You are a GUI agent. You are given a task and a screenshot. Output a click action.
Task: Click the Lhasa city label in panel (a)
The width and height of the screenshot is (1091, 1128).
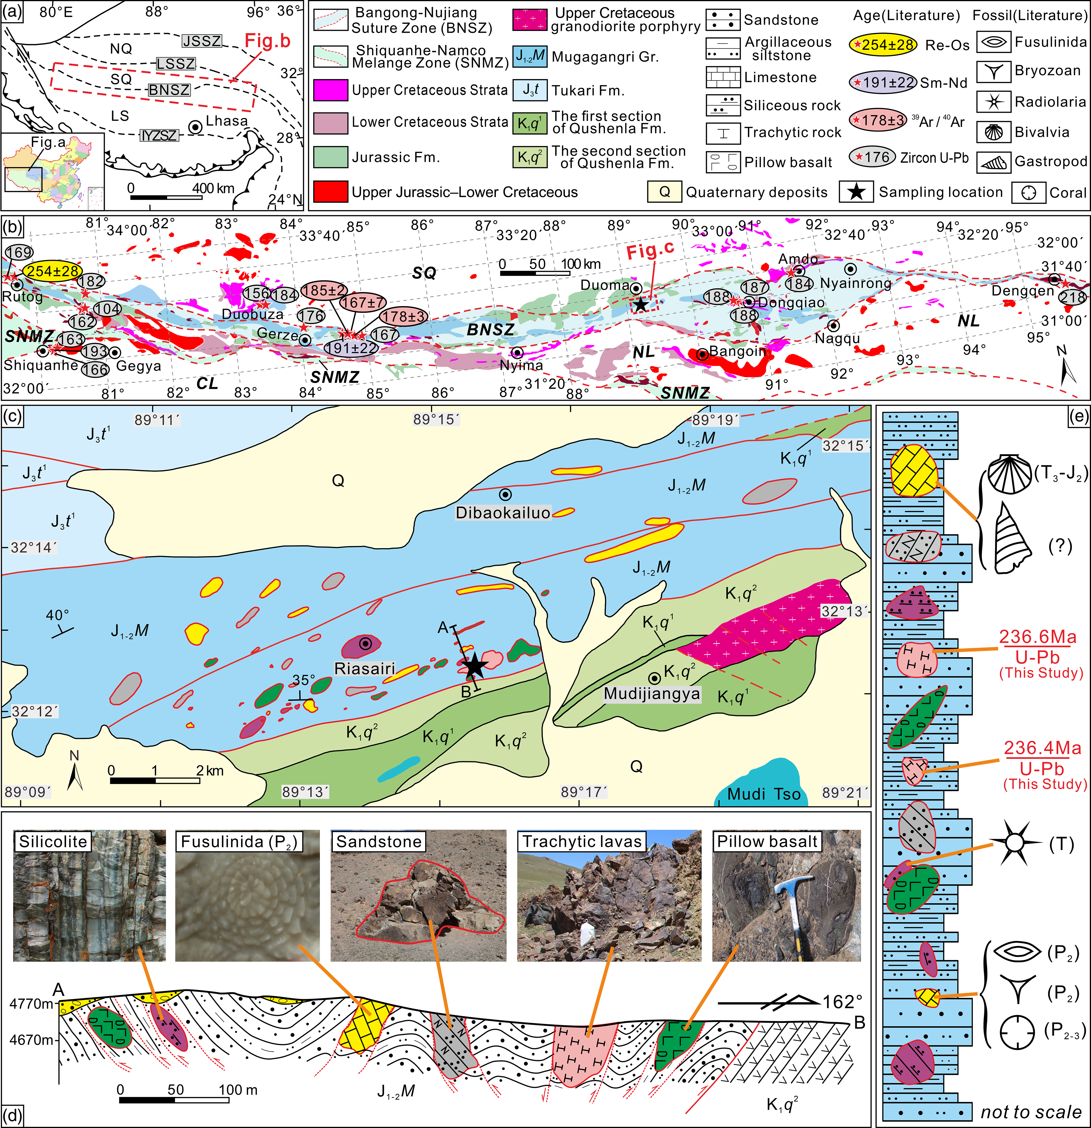click(227, 121)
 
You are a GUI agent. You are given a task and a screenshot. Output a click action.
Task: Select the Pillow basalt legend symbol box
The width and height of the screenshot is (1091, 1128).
click(723, 162)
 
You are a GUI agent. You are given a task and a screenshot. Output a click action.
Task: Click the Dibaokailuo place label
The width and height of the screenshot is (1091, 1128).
click(503, 513)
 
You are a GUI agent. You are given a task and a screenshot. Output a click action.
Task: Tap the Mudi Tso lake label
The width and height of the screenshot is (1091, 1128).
click(764, 794)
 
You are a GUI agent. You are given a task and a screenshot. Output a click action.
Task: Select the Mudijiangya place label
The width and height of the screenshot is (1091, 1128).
click(651, 693)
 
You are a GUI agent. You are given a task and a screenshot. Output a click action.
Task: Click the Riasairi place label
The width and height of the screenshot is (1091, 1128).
click(365, 668)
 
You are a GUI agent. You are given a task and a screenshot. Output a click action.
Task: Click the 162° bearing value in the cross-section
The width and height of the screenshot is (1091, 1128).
click(843, 1002)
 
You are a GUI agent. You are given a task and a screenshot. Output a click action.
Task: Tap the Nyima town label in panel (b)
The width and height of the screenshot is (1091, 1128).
click(521, 366)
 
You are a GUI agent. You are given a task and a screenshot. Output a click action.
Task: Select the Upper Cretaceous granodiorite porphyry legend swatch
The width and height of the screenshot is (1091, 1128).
click(529, 20)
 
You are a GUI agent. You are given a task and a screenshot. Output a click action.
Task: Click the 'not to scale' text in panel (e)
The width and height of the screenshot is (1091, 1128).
click(1030, 1112)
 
